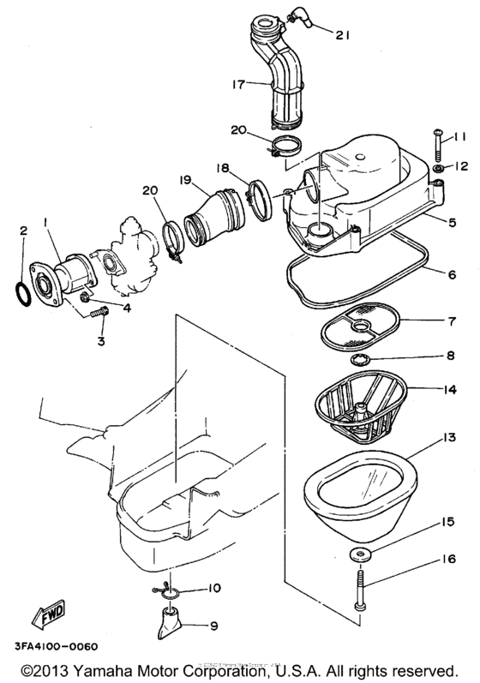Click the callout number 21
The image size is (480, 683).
(x=343, y=35)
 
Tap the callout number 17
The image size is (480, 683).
(x=237, y=85)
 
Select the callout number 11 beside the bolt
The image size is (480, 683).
(x=460, y=137)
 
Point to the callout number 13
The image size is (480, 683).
(x=424, y=437)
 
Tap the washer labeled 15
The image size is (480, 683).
(x=359, y=554)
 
